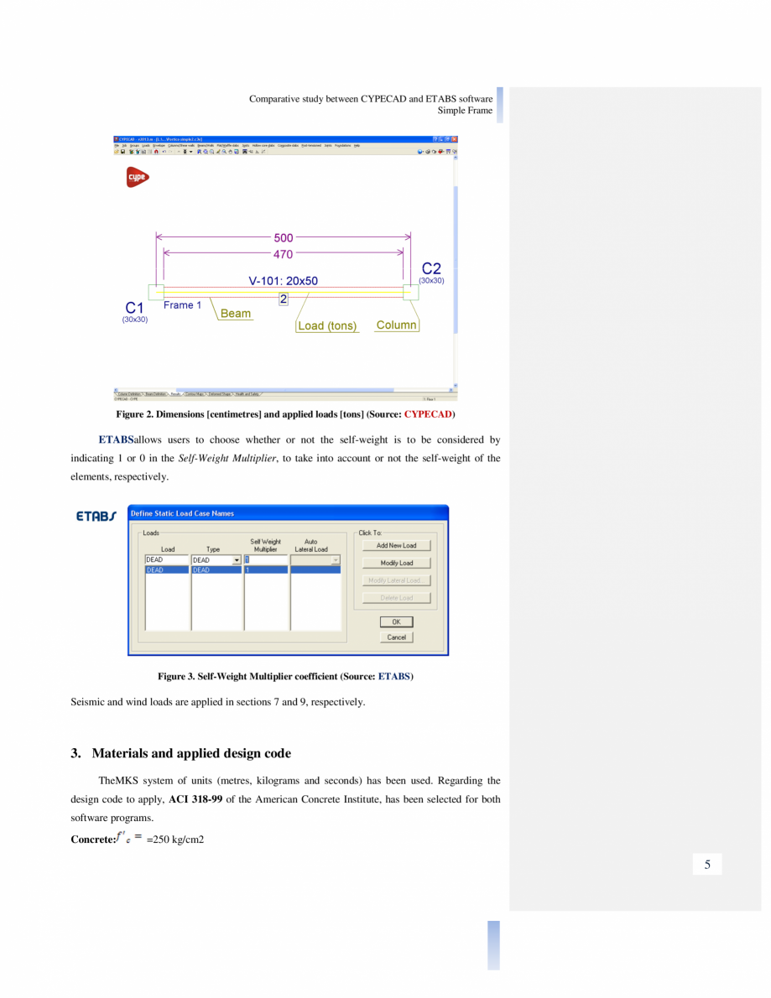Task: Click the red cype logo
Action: point(138,177)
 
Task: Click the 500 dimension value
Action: point(284,238)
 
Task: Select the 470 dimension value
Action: point(284,253)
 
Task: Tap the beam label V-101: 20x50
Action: point(283,281)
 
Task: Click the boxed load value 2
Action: point(284,299)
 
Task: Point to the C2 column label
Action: point(431,268)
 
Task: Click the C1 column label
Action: point(135,308)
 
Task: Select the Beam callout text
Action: point(236,314)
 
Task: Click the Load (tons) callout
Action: point(326,325)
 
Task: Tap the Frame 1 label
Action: point(182,305)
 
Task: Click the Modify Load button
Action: point(396,563)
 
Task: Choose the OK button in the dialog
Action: point(396,622)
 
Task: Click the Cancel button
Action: point(396,637)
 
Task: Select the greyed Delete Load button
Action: point(396,598)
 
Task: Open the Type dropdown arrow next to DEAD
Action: point(237,560)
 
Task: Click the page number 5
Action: point(707,865)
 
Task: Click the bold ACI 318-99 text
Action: point(195,799)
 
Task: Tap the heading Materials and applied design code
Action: point(191,753)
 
